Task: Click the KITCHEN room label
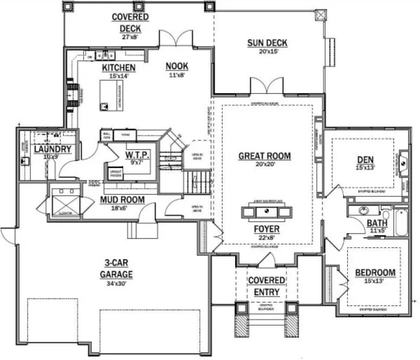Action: (x=119, y=68)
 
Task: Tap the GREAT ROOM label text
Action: (x=264, y=156)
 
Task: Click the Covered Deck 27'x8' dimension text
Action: (x=131, y=37)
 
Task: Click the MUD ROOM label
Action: (x=122, y=200)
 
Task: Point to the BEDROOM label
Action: (x=375, y=272)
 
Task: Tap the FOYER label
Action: (x=267, y=228)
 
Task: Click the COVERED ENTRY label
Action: (x=267, y=286)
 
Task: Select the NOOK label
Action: (x=177, y=66)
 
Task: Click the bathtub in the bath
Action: (x=401, y=223)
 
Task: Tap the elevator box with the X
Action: (x=64, y=205)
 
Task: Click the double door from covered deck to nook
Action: (x=174, y=40)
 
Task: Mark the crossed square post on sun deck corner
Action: (x=320, y=15)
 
